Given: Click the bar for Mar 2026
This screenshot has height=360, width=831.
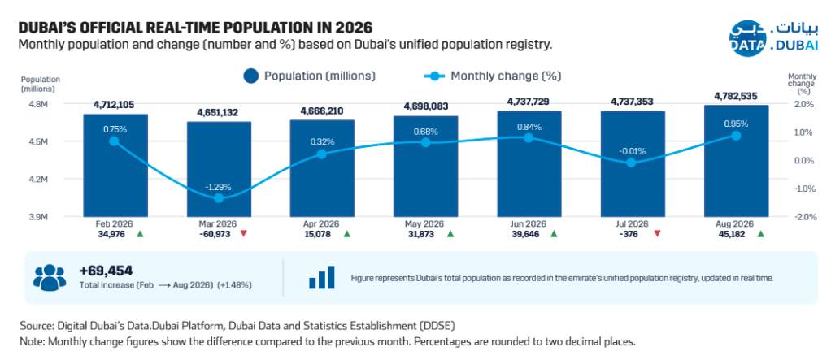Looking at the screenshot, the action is (x=219, y=169).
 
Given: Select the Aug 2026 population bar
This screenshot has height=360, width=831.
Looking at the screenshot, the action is (x=736, y=161).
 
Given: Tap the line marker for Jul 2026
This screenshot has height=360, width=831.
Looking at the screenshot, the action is (x=631, y=163).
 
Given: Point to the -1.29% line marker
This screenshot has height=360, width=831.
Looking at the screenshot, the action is (x=219, y=198).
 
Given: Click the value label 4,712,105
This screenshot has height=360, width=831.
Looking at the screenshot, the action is (x=115, y=104).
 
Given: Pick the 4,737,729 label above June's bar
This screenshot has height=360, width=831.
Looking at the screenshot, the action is (x=529, y=101).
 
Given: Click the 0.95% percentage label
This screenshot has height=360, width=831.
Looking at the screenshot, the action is (x=736, y=124).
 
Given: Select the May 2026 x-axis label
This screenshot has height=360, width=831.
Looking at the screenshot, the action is (x=424, y=224).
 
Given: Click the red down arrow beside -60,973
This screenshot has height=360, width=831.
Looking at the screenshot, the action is (x=243, y=233).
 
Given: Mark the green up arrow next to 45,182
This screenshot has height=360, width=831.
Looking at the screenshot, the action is (x=760, y=233).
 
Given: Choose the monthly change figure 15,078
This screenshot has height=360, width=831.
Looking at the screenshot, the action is (x=316, y=233).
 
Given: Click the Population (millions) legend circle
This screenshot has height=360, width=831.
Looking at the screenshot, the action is (x=250, y=76).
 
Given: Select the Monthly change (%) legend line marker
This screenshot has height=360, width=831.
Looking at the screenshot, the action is (x=435, y=76).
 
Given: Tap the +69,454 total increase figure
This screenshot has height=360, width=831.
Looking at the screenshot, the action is (x=106, y=271).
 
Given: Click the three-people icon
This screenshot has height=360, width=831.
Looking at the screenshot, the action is (x=50, y=277).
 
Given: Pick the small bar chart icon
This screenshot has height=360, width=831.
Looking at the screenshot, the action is (x=322, y=277).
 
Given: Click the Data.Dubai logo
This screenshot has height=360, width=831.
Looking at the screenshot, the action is (x=773, y=38).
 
